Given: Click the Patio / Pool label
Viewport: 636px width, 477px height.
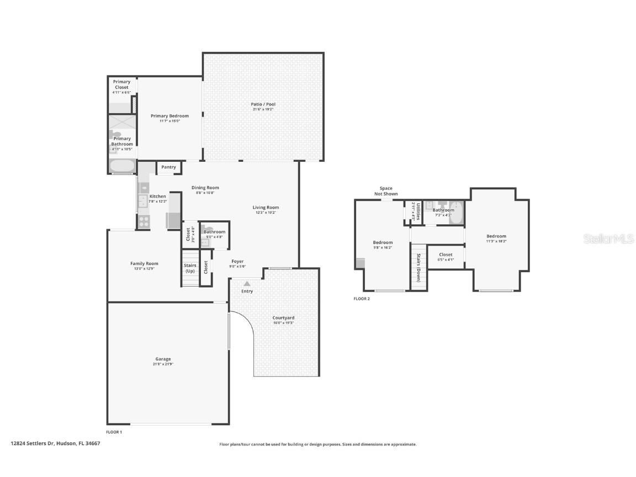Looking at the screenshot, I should pos(263,104).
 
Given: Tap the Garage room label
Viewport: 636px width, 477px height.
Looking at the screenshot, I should pos(163,359).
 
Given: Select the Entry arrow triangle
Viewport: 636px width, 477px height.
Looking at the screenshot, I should pos(247,284).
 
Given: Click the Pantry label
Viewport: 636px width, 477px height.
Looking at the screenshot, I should pos(169,167).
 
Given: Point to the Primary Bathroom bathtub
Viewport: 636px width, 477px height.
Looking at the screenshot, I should pos(122,166).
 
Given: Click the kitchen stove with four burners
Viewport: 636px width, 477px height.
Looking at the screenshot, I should pos(144,221).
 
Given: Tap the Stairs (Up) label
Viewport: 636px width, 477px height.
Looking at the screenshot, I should pos(190,268).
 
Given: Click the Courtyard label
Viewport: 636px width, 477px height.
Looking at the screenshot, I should pos(283,318).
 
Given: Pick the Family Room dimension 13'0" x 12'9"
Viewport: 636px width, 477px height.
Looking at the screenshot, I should pos(144,269).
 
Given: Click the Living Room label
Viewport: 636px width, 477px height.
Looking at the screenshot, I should pos(266,208).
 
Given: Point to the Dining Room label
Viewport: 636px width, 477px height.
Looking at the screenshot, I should pos(205,188).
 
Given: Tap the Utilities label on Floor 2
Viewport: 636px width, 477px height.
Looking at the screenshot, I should pos(418,211).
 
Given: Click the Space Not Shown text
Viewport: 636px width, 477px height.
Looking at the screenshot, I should pos(386,191).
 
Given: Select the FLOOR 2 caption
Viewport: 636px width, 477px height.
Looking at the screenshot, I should pos(362,299).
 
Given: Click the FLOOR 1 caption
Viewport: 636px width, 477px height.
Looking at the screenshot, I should pos(114,432).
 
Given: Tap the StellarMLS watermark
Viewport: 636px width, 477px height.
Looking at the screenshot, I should pos(610,239).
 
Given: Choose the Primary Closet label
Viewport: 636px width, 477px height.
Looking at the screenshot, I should pos(121,84).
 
